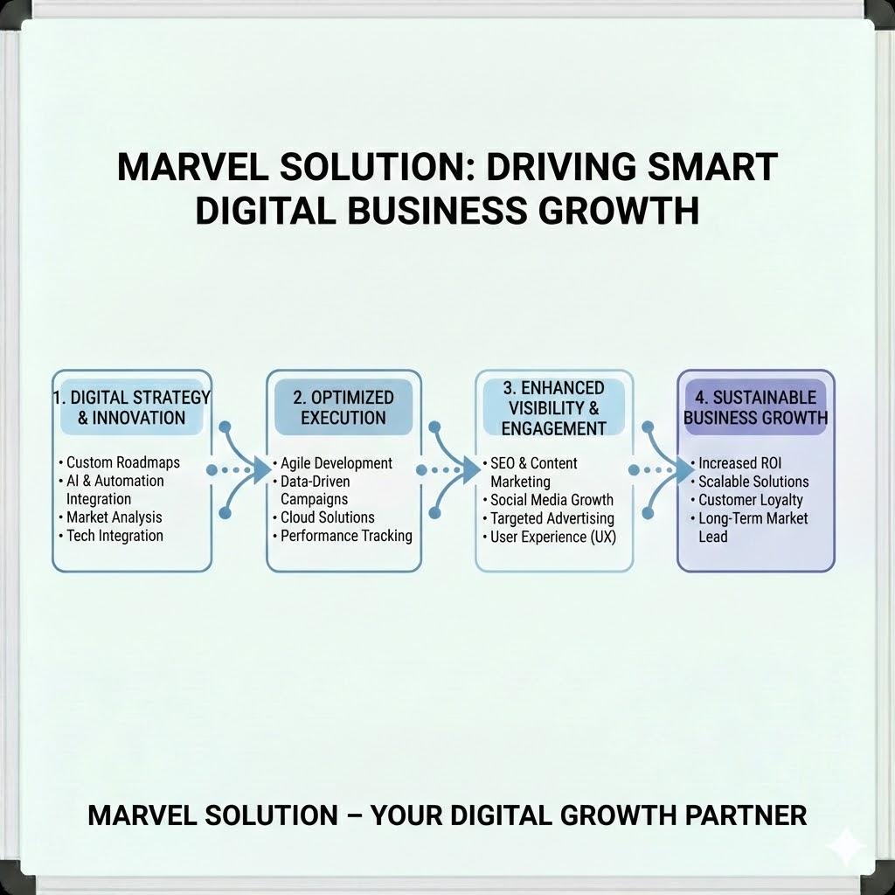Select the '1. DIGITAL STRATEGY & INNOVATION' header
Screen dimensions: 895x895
coord(131,407)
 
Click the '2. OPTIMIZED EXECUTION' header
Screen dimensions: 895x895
coord(343,407)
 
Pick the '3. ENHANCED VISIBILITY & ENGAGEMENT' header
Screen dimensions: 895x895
coord(553,407)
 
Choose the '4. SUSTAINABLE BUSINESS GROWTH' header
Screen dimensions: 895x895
coord(755,407)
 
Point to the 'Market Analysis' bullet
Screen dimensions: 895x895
coord(114,517)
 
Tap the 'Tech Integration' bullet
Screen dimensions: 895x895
coord(114,536)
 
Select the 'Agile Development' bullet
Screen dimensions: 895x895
coord(336,463)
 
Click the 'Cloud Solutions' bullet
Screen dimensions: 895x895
coord(327,517)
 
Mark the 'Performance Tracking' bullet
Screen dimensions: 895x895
coord(346,536)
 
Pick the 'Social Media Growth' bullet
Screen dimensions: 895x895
coord(552,500)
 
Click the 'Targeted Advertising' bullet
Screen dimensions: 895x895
coord(552,518)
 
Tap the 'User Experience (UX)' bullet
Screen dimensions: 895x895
coord(552,537)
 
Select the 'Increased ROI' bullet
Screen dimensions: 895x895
coord(739,462)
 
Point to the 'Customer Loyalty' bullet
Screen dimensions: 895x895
coord(750,500)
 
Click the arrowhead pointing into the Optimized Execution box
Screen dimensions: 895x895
coord(259,470)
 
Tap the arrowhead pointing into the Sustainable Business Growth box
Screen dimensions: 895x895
coord(683,470)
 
